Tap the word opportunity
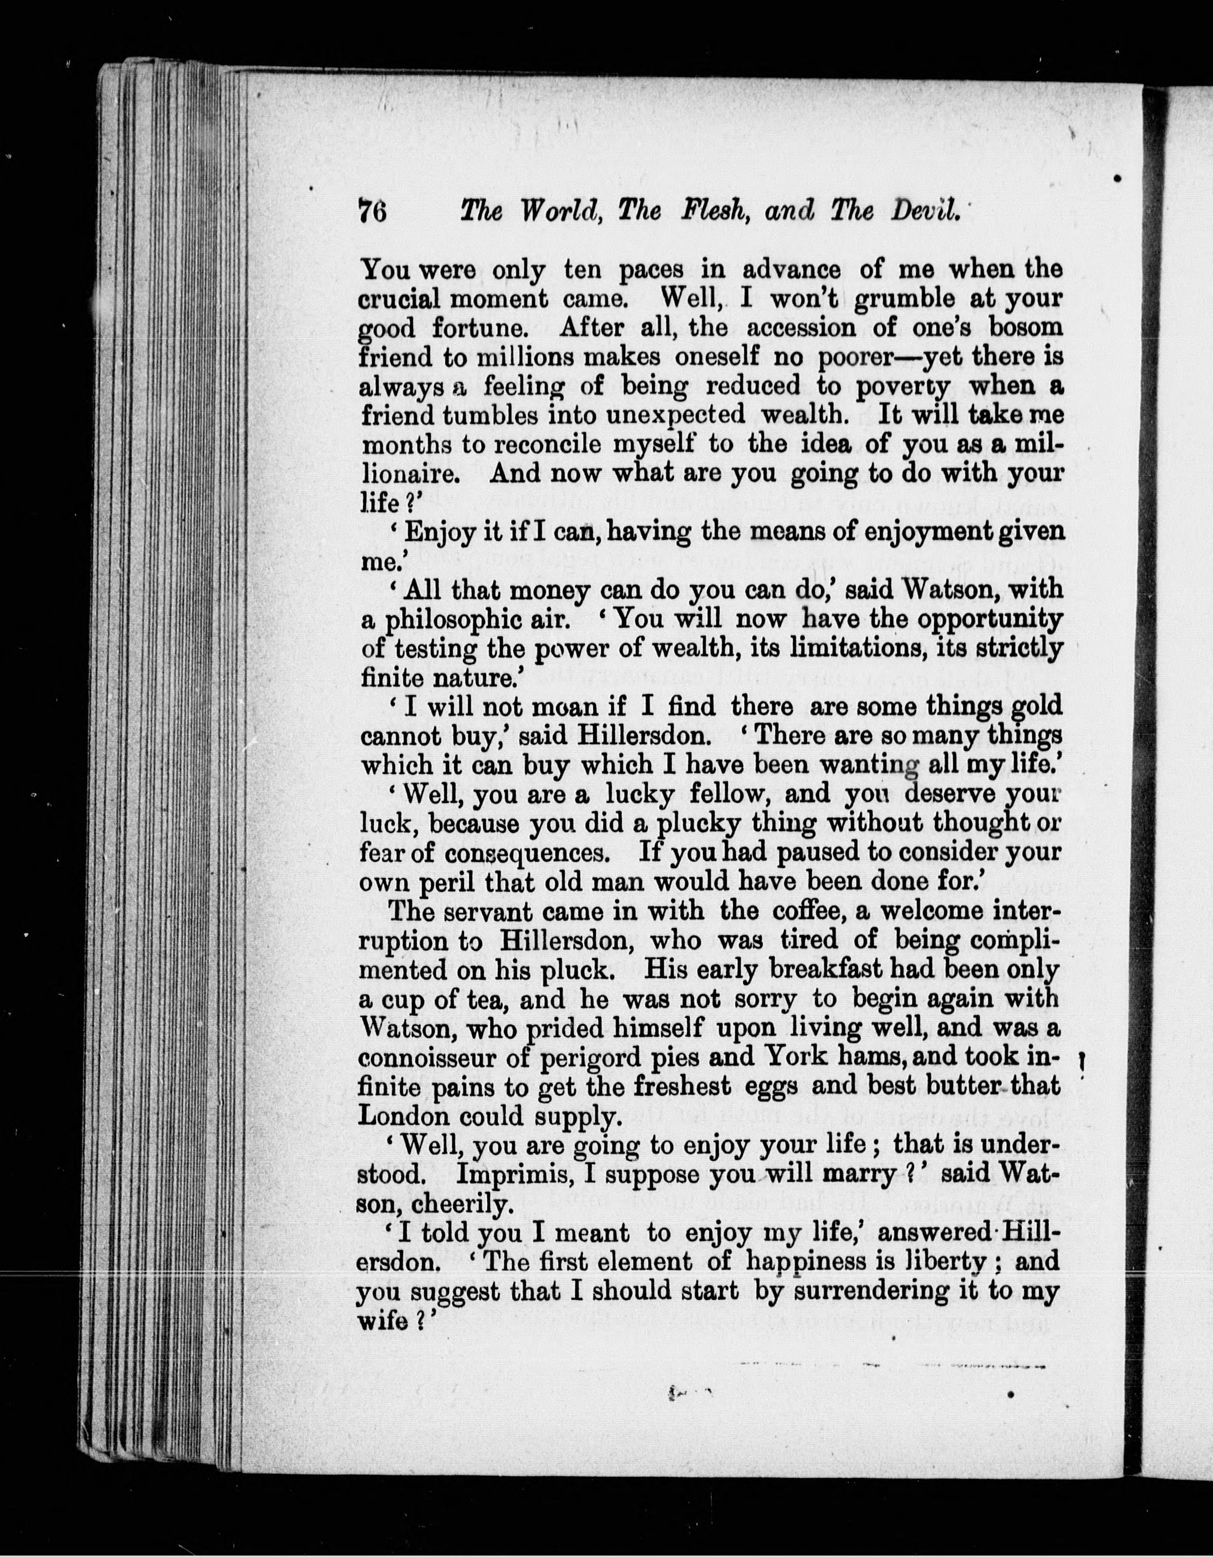(x=989, y=619)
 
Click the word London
(x=403, y=1116)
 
